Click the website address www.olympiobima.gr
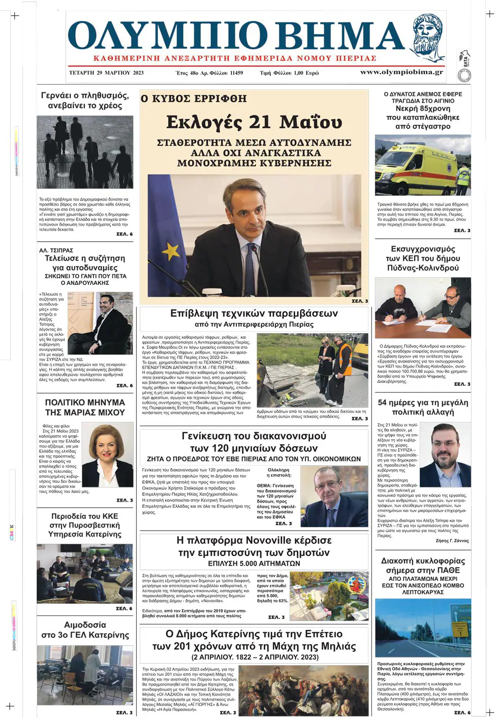401,72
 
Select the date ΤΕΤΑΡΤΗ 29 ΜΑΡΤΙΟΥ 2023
106,73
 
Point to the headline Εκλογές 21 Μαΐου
254,122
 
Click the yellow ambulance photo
422,165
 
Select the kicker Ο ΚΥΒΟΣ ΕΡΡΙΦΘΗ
194,99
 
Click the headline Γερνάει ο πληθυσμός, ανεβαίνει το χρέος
85,101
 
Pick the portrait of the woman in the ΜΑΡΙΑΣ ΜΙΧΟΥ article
107,455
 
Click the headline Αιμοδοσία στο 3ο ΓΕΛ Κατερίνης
85,630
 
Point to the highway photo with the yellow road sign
423,628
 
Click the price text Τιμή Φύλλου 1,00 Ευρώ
289,73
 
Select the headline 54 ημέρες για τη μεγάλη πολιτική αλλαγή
423,407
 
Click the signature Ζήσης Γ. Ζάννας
452,541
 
